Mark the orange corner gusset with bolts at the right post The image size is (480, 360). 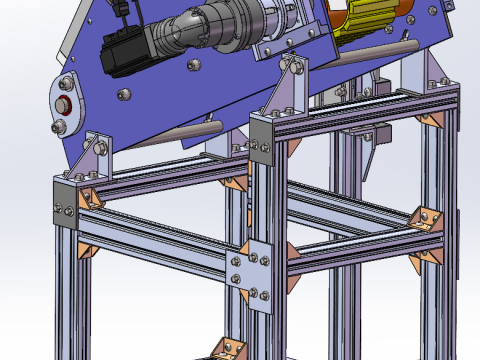tap(428, 218)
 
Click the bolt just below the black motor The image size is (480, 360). tap(125, 95)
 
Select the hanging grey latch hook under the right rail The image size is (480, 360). tap(374, 150)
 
